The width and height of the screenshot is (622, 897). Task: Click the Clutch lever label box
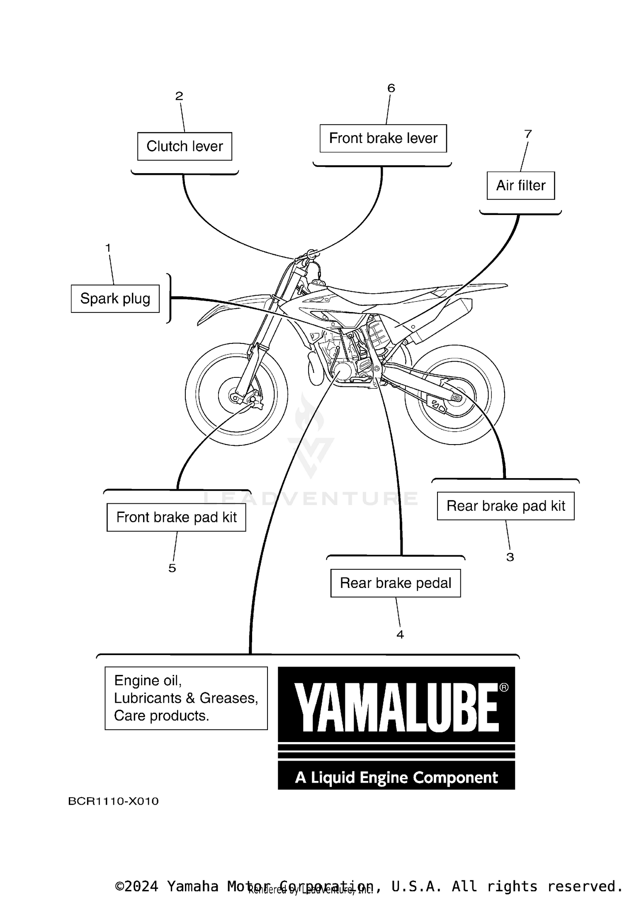[x=185, y=146]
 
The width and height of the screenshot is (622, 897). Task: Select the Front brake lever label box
[x=383, y=138]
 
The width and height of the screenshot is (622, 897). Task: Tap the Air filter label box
[x=520, y=186]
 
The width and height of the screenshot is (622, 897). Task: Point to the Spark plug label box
[x=115, y=299]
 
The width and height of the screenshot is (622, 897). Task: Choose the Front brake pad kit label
[x=176, y=517]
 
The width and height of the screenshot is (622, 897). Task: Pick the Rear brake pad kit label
[x=505, y=506]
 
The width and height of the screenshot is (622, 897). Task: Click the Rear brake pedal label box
[x=395, y=583]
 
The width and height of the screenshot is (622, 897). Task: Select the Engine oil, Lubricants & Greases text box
[x=186, y=698]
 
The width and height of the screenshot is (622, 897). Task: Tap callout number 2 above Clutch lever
[x=179, y=96]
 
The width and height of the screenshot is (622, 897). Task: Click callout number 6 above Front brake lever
[x=391, y=88]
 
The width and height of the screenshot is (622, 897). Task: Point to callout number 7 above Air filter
[x=528, y=134]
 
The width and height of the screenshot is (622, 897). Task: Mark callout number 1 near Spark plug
[x=108, y=248]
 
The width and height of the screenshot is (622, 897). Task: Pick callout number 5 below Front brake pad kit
[x=172, y=568]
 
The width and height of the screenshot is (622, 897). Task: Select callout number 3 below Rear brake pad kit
[x=510, y=557]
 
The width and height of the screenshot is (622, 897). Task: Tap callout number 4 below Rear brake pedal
[x=400, y=635]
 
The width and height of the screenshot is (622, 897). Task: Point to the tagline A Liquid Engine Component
[x=396, y=778]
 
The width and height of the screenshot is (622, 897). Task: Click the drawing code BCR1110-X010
[x=113, y=801]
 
